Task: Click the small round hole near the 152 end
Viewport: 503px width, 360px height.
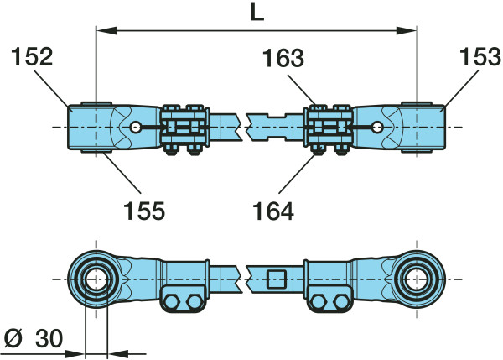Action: [137, 127]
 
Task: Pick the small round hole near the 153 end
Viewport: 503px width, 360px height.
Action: [379, 127]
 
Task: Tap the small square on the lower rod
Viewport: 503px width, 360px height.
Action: [277, 279]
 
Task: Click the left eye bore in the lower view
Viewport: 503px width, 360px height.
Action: [96, 278]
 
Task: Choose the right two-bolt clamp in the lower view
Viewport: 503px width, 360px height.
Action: [329, 300]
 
